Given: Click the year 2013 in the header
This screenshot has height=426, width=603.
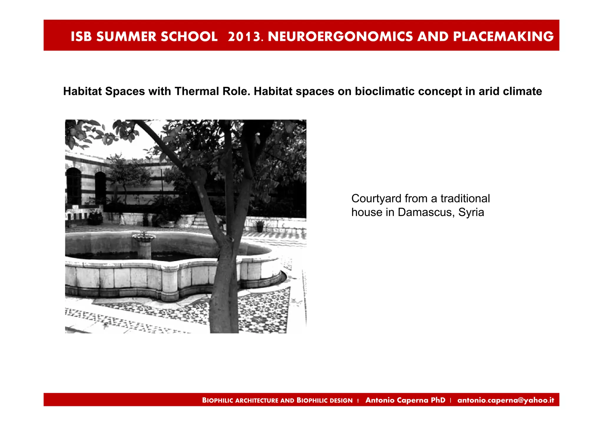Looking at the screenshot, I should pyautogui.click(x=244, y=36).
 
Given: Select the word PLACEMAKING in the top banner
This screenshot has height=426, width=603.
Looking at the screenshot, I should pyautogui.click(x=503, y=36).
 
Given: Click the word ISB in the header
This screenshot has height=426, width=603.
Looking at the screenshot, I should pyautogui.click(x=81, y=36).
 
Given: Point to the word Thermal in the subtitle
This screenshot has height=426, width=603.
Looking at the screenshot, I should pyautogui.click(x=197, y=91).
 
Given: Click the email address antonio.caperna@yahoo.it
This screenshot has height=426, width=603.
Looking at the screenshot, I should pyautogui.click(x=506, y=400).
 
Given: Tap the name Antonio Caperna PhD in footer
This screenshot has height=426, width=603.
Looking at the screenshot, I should pyautogui.click(x=405, y=400).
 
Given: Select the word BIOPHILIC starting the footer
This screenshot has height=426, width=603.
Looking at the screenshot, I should pyautogui.click(x=218, y=400).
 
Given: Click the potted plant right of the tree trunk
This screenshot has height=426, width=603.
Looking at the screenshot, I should pyautogui.click(x=260, y=226).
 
